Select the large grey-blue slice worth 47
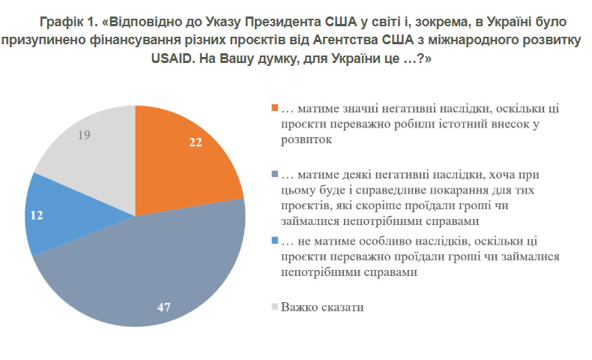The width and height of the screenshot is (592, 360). [x=150, y=277]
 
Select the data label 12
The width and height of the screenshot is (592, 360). [x=37, y=214]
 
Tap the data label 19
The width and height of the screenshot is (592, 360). [x=85, y=136]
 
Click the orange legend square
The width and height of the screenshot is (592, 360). [x=275, y=107]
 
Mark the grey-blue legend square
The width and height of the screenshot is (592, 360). [x=275, y=173]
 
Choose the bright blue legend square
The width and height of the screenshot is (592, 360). [x=275, y=240]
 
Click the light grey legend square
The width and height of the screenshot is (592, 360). [x=275, y=306]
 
